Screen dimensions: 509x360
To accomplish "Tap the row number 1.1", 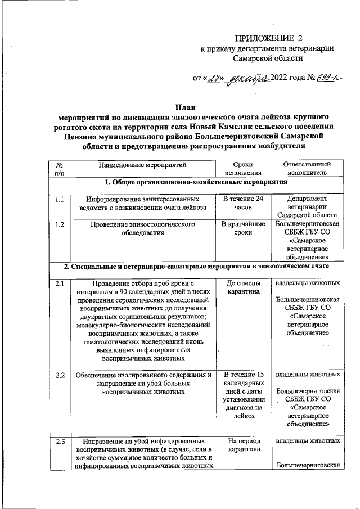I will click(59, 199).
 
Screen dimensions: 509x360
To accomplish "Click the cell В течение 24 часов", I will click(243, 203).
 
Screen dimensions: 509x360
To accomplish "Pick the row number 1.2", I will click(59, 224).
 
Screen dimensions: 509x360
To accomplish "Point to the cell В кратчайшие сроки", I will click(243, 228).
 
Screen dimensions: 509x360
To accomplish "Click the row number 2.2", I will click(59, 374).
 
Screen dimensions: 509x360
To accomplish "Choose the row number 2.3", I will click(59, 440).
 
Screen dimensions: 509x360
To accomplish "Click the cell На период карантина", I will click(243, 445).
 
